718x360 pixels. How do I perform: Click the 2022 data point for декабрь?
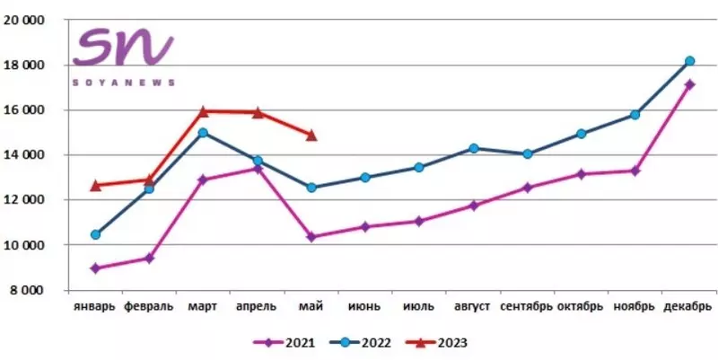click(x=689, y=61)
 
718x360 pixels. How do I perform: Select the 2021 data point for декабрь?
click(x=689, y=84)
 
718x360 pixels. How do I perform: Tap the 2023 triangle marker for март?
click(x=203, y=111)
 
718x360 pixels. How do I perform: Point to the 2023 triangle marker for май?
click(x=311, y=135)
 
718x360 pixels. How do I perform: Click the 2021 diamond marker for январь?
click(x=95, y=268)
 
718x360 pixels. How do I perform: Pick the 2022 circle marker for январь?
click(x=95, y=234)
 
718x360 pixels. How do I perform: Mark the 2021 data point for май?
click(x=311, y=237)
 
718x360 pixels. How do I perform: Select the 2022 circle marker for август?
click(x=473, y=148)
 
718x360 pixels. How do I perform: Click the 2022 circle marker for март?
click(x=203, y=133)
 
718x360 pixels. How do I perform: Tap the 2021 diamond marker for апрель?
click(x=258, y=168)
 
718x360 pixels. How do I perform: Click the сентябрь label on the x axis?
click(x=527, y=307)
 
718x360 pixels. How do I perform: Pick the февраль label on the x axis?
click(x=149, y=307)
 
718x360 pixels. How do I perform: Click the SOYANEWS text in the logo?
click(x=124, y=82)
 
